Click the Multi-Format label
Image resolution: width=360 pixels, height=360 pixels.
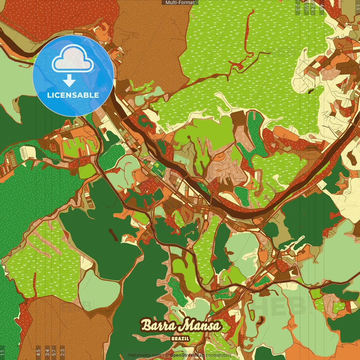tap(180, 3)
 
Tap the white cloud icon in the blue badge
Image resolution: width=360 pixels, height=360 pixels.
tap(73, 59)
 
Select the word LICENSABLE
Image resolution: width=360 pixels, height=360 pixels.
tap(73, 95)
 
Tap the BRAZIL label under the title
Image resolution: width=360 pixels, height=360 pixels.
tap(180, 339)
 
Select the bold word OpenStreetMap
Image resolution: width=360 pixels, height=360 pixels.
tap(187, 355)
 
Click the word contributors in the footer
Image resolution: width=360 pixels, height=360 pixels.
tap(219, 355)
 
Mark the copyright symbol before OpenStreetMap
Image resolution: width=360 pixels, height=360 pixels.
tap(167, 355)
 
